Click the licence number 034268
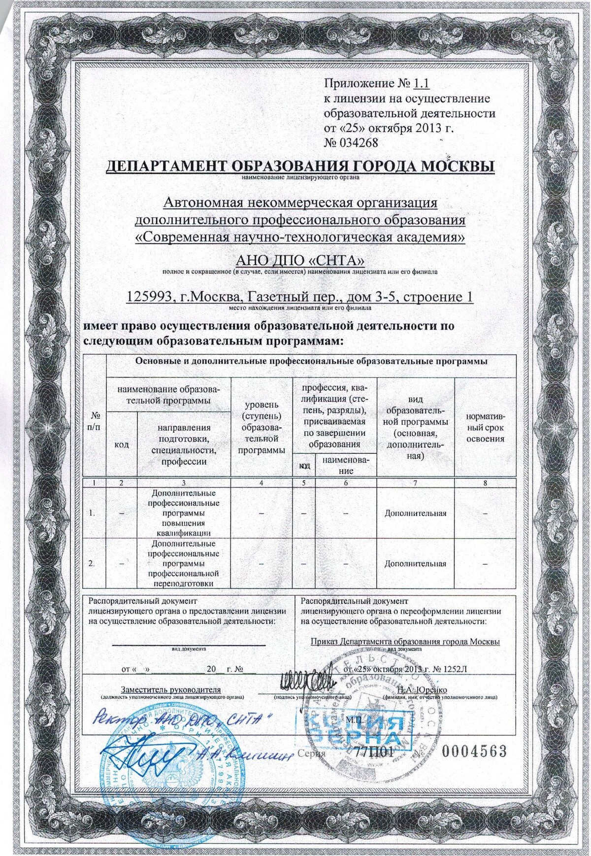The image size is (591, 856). click(x=358, y=143)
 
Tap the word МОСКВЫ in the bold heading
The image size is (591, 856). click(x=457, y=167)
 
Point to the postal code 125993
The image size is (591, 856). click(x=151, y=297)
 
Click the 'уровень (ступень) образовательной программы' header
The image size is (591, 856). click(x=262, y=427)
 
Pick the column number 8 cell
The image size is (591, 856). click(x=485, y=483)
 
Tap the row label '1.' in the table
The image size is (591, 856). click(x=92, y=513)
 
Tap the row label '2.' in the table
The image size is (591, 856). click(x=92, y=563)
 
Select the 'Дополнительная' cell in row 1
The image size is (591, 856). click(x=415, y=513)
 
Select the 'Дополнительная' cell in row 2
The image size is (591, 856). click(x=415, y=563)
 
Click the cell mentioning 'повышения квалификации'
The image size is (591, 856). click(x=184, y=513)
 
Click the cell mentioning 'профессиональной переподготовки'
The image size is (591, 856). click(x=184, y=563)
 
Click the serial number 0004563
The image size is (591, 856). click(x=474, y=751)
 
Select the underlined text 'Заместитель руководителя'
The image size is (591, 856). click(x=171, y=689)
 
